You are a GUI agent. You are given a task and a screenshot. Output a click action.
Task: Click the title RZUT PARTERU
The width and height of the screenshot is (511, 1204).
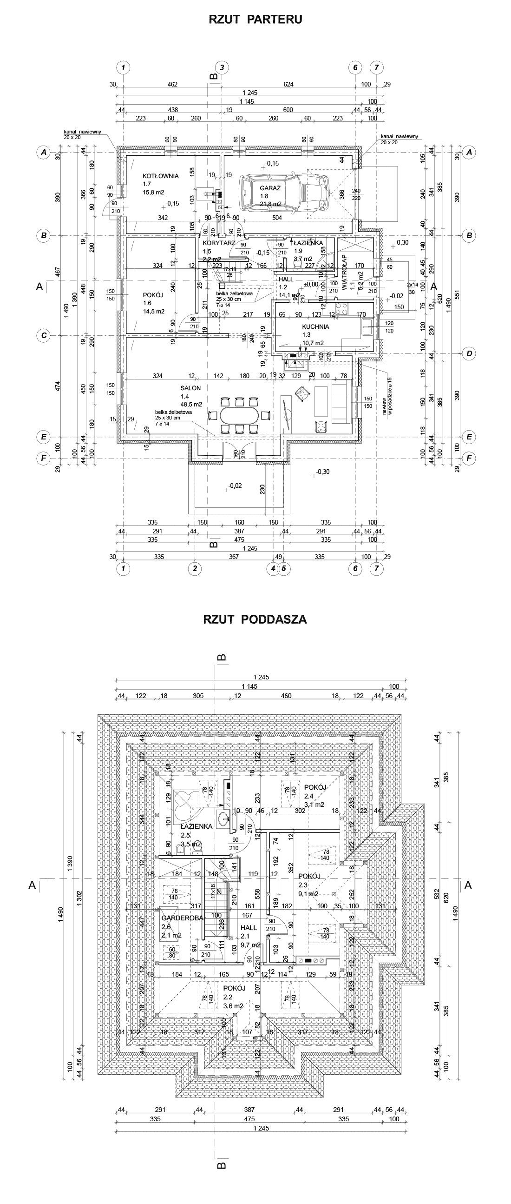point(255,19)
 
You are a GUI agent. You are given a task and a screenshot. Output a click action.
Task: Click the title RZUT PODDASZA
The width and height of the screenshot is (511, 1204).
point(255,620)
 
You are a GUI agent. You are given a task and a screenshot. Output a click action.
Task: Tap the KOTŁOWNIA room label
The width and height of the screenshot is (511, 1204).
point(161,176)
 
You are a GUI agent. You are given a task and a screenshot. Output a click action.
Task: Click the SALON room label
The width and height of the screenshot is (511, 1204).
point(190,388)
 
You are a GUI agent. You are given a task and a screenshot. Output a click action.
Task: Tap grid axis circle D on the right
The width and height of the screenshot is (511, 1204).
point(469,354)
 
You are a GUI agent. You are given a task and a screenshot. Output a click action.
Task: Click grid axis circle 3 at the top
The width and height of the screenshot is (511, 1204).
point(222,67)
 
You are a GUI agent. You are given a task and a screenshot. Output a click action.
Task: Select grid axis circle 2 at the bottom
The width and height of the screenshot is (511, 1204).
point(194,568)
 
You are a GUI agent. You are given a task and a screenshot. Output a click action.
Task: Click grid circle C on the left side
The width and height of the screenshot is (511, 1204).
point(44,335)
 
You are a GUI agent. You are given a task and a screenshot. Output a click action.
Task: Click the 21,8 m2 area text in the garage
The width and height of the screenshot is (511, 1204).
point(270,204)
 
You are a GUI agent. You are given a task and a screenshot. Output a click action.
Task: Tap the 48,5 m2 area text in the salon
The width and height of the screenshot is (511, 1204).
point(192,404)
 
